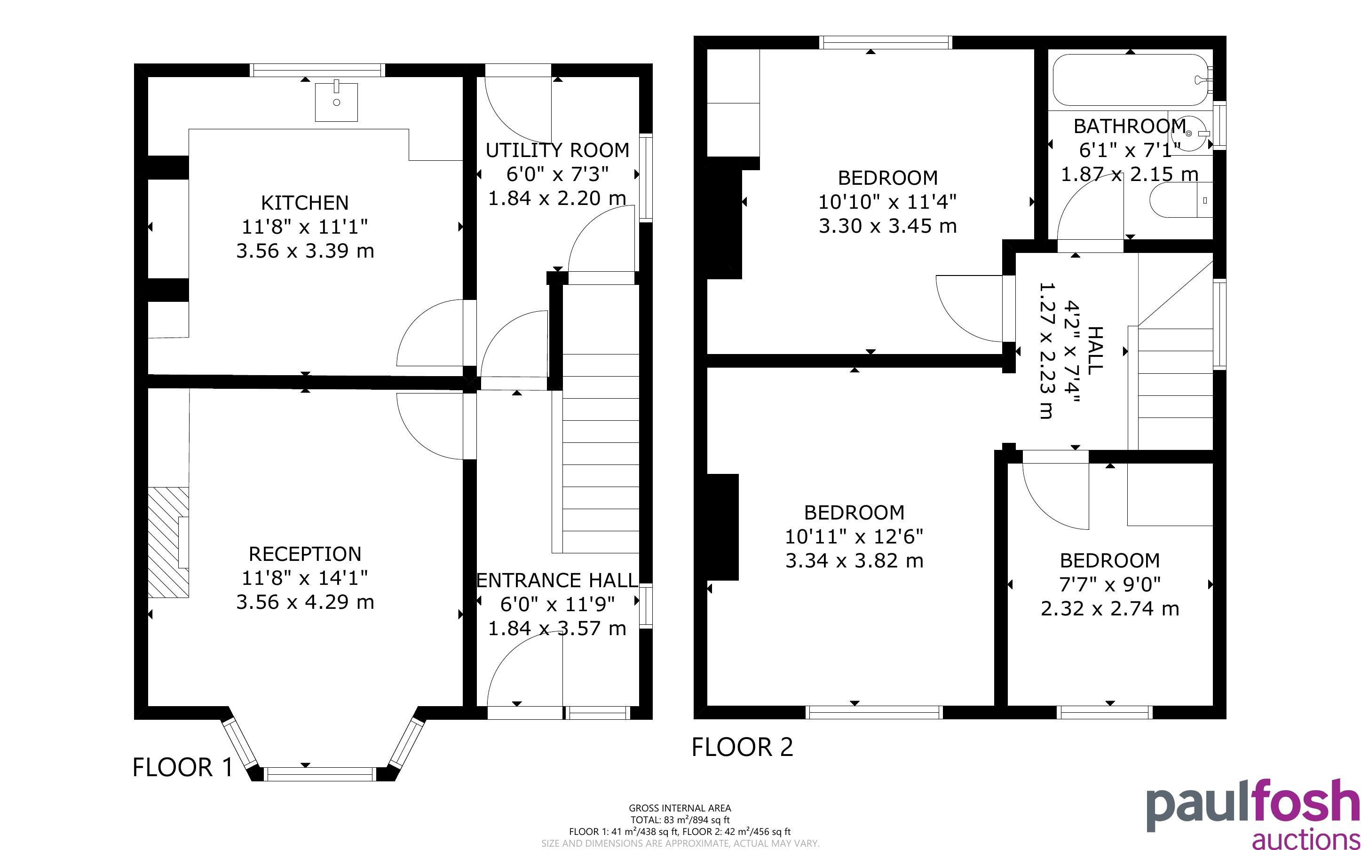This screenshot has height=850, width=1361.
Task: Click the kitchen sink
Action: tap(336, 102)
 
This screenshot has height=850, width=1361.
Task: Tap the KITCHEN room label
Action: tap(305, 202)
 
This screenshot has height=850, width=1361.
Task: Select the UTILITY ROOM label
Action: tap(557, 150)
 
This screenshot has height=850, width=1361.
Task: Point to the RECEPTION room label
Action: tap(305, 554)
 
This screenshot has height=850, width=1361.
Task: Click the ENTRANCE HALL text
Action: tap(557, 580)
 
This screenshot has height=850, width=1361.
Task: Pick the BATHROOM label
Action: tap(1130, 126)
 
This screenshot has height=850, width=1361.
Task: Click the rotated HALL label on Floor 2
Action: tap(1095, 350)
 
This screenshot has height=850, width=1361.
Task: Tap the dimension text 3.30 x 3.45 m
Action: tap(887, 226)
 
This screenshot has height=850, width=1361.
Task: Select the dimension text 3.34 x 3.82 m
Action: tap(855, 560)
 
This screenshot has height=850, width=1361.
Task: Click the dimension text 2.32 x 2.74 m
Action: tap(1110, 608)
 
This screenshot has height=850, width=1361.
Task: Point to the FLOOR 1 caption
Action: tap(182, 767)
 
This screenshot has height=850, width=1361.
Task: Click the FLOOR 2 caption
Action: tap(742, 747)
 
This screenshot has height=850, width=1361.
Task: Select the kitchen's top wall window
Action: tap(317, 70)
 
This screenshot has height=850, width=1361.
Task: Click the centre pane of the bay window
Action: tap(320, 774)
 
